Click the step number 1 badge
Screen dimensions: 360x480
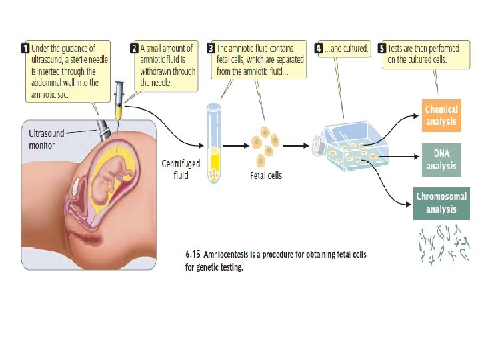[x=25, y=48]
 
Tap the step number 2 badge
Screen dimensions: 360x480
[x=134, y=48]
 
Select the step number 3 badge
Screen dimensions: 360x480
[x=211, y=48]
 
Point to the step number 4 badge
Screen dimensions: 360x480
[x=319, y=48]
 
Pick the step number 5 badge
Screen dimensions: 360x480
[x=382, y=48]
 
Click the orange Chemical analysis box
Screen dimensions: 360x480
[x=441, y=115]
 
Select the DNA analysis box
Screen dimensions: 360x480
[x=441, y=160]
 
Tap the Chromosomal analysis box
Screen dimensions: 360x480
[x=441, y=203]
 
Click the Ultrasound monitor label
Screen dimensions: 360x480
[x=46, y=139]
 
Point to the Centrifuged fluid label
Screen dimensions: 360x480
[x=181, y=169]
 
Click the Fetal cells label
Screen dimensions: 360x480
[x=265, y=175]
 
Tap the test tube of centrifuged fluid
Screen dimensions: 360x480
[x=214, y=143]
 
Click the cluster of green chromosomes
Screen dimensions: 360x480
[x=443, y=244]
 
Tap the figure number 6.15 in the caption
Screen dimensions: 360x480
[x=192, y=255]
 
